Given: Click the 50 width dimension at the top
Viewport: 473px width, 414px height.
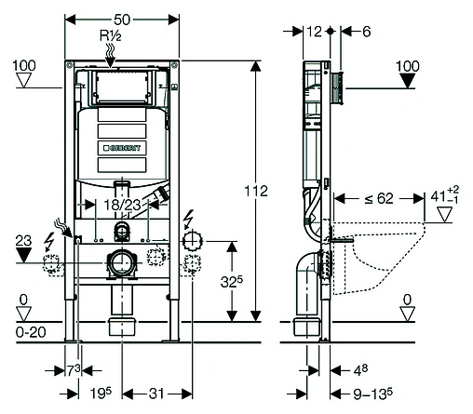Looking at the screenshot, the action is (122, 20).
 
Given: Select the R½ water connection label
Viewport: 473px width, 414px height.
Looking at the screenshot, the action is (110, 35).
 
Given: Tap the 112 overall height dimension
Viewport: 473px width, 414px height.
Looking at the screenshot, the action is (256, 191).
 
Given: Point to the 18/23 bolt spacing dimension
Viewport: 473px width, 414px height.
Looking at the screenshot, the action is (122, 205).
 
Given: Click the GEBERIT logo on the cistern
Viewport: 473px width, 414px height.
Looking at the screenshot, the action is (122, 148).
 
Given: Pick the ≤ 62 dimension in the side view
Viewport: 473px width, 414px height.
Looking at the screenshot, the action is (379, 198).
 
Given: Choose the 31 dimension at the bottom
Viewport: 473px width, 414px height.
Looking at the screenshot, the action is (156, 394).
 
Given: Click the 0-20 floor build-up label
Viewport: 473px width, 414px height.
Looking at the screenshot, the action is (31, 332).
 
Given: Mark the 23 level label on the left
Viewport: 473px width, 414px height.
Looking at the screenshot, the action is (23, 241).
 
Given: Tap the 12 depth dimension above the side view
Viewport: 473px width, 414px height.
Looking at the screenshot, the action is (314, 32).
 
